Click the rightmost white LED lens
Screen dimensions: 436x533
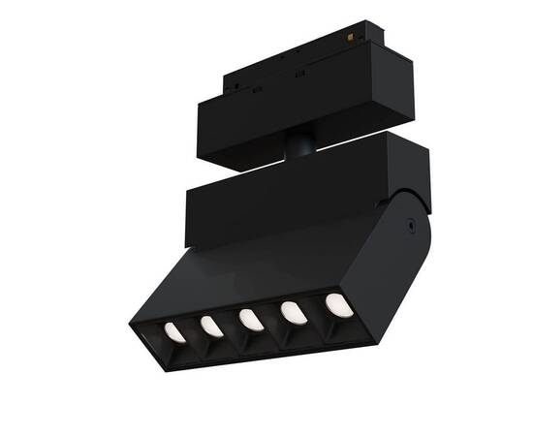(338, 304)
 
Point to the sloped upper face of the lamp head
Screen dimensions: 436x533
(262, 271)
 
